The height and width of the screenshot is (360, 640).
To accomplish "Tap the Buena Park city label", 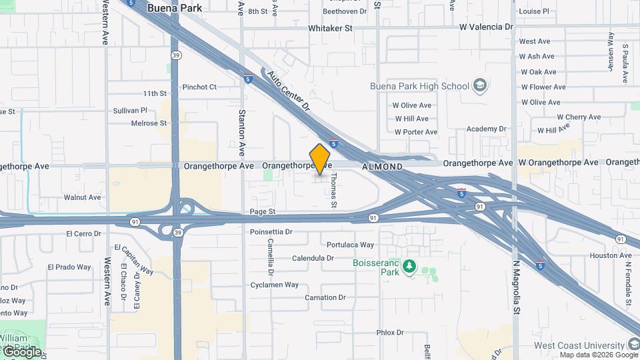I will tap(170, 8).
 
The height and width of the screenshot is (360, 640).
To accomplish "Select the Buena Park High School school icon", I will tap(479, 86).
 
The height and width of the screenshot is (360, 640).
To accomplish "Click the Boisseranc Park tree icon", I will tap(409, 268).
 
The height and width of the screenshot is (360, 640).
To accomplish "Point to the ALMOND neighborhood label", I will tap(382, 166).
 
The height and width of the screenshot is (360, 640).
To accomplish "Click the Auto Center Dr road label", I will tap(289, 91).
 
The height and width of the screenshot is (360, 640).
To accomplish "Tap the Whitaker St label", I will tap(330, 29).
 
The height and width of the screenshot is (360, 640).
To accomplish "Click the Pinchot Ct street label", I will tap(199, 87).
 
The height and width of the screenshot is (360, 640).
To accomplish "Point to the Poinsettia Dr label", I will tap(271, 232).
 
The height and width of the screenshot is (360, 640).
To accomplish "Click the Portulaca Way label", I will tap(350, 245).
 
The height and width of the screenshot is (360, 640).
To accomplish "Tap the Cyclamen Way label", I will tap(274, 285).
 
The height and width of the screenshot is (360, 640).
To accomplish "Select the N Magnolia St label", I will tap(515, 287).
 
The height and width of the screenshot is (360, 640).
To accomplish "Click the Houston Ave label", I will tap(610, 255).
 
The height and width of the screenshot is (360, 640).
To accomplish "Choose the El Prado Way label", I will tap(69, 267).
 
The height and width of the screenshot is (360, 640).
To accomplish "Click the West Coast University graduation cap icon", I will tap(633, 345).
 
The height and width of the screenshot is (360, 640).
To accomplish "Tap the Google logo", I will tap(21, 351).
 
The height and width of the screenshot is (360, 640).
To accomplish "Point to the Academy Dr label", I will tap(486, 129).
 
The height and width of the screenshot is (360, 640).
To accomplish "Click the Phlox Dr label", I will tap(390, 332).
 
